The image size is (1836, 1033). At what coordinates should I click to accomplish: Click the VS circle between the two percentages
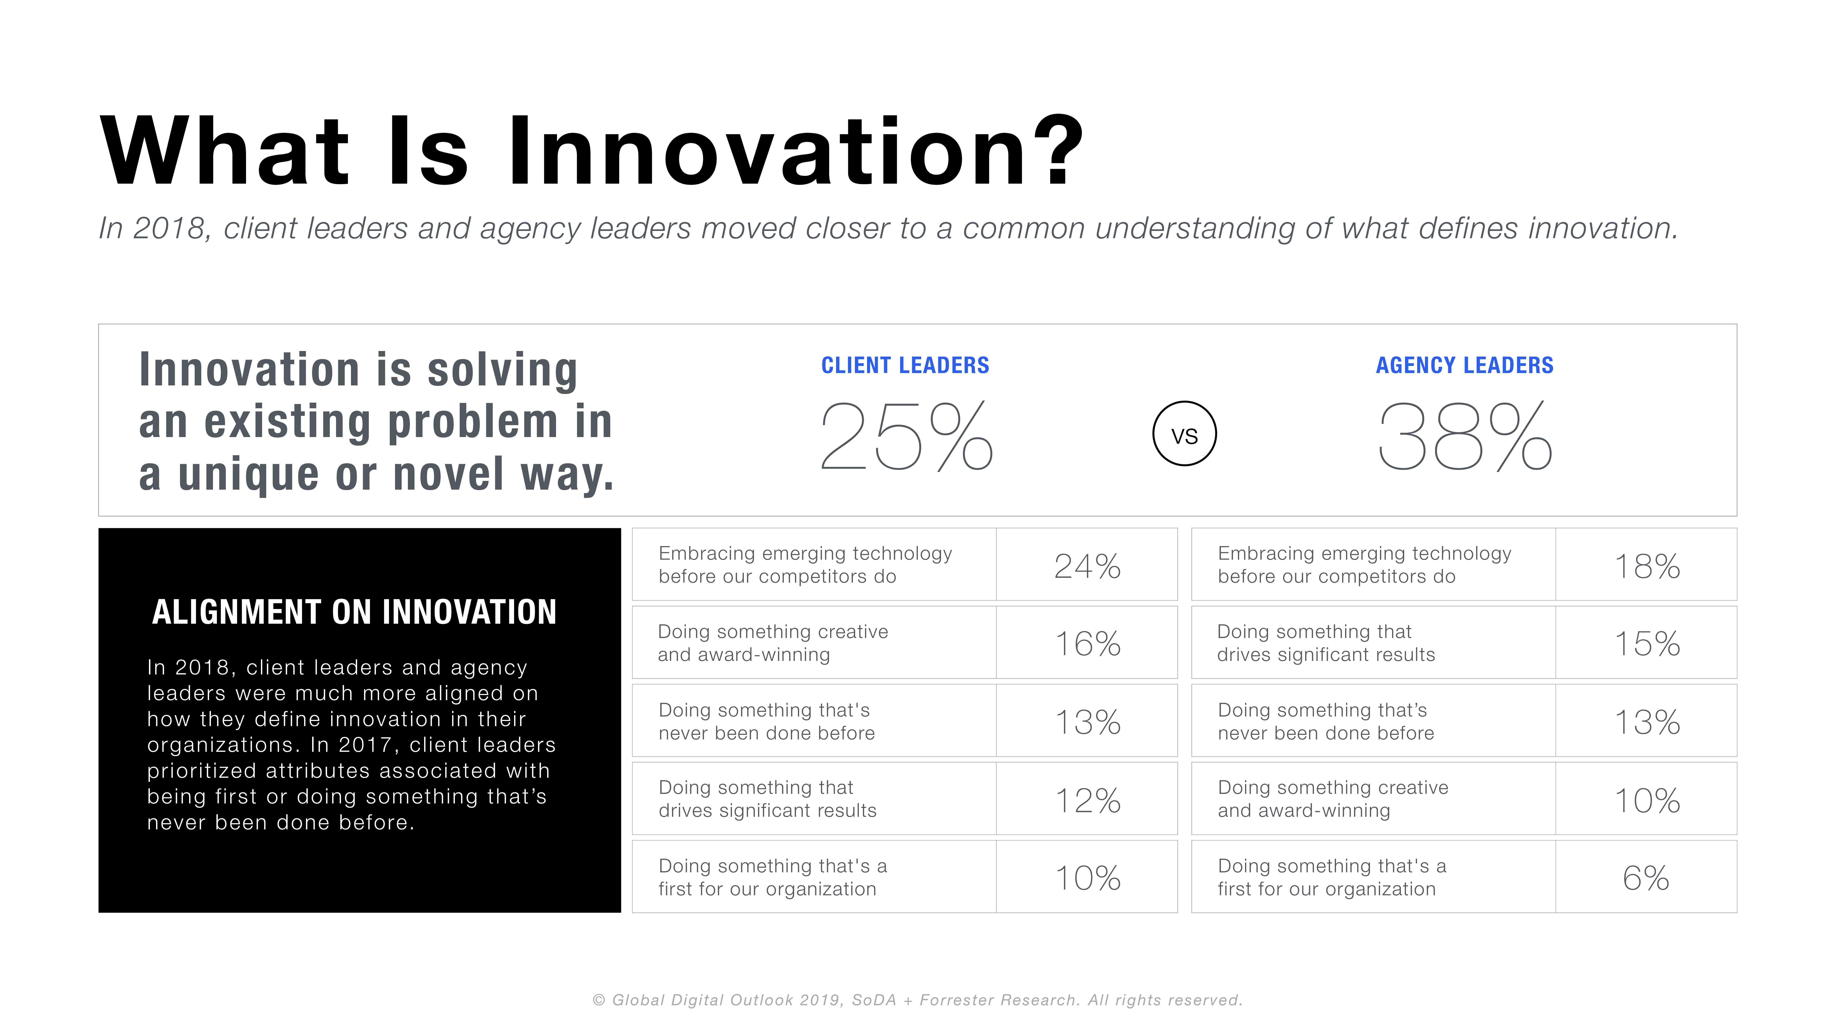(x=1184, y=433)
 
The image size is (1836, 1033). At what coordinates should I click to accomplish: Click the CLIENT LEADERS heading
(x=905, y=365)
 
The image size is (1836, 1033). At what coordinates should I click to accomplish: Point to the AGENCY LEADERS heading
(x=1465, y=365)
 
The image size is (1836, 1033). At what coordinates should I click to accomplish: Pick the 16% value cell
(x=1087, y=642)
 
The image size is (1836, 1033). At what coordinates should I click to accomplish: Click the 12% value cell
(x=1087, y=798)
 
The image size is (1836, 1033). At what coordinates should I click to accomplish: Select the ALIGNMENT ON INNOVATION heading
(x=354, y=612)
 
